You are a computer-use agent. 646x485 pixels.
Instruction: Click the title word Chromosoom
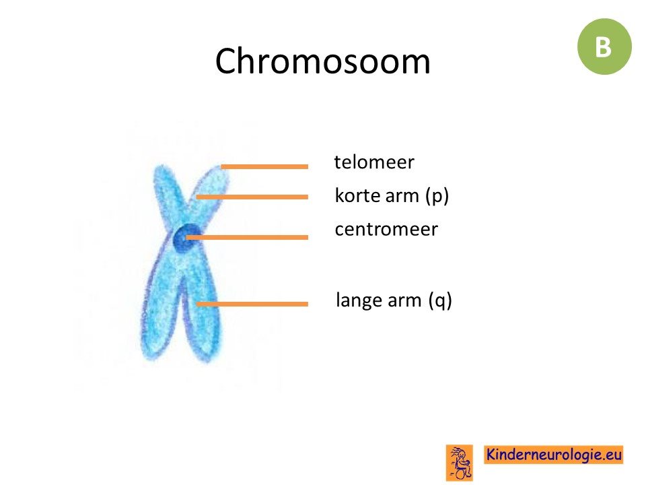point(322,61)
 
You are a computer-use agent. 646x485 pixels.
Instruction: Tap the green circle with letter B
point(604,46)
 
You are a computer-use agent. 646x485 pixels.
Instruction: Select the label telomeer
point(374,162)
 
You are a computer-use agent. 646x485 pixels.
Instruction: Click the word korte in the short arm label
point(356,195)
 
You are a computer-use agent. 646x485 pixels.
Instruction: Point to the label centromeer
point(386,229)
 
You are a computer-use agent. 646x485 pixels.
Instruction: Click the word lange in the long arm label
point(357,300)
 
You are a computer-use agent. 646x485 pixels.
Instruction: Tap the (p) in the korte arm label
point(437,196)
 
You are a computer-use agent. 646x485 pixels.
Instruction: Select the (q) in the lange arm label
point(440,300)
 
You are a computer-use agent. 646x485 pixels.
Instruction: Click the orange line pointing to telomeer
point(264,166)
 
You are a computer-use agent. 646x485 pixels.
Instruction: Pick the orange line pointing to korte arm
point(252,197)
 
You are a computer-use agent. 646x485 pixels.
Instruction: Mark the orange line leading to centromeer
point(247,237)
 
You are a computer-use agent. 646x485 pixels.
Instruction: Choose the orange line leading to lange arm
point(252,304)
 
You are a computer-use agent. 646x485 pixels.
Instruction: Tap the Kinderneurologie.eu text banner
point(553,455)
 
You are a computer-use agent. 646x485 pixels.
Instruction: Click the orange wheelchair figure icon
point(460,462)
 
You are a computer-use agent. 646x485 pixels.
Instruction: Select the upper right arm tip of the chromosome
point(219,171)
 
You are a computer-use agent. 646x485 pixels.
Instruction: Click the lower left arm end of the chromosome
point(150,354)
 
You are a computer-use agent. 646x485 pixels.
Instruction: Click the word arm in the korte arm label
point(401,196)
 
